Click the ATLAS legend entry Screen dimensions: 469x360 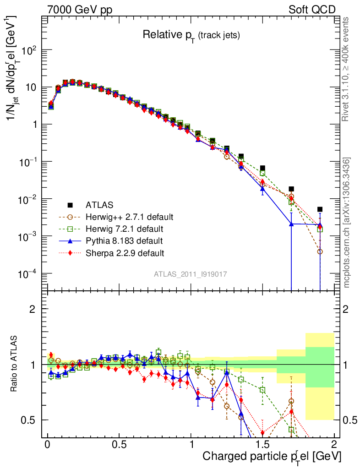pyautogui.click(x=98, y=204)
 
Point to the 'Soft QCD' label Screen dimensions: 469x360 pyautogui.click(x=312, y=10)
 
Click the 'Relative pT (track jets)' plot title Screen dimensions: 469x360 pyautogui.click(x=191, y=35)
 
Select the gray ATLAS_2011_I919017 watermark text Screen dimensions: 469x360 pyautogui.click(x=190, y=274)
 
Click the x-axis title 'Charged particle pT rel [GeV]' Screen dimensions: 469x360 pyautogui.click(x=272, y=456)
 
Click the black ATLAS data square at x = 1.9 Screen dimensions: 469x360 pyautogui.click(x=320, y=209)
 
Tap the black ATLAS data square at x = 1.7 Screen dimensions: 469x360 pyautogui.click(x=291, y=189)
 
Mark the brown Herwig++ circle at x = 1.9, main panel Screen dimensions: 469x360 pyautogui.click(x=320, y=251)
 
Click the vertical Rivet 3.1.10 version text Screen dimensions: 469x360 pyautogui.click(x=347, y=70)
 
